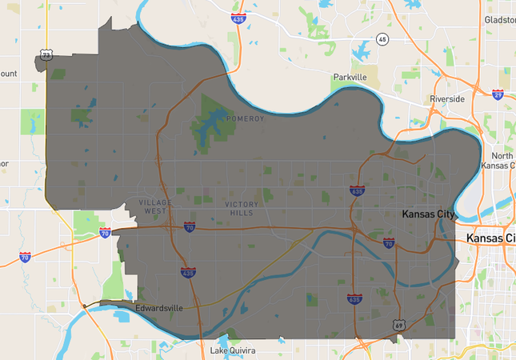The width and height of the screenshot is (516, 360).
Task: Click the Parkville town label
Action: point(350,77)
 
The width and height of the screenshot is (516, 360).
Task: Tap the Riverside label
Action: point(446,98)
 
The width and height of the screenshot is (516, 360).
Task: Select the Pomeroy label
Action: point(245,118)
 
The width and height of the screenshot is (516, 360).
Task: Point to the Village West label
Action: point(154,206)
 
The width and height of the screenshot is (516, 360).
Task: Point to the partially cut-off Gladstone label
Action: point(500,18)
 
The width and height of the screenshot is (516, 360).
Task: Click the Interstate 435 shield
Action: point(188,273)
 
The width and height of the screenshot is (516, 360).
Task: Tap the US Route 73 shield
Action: point(46,55)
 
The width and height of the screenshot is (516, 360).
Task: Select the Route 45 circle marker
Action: point(382,40)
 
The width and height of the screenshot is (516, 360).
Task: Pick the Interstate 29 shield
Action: point(498,94)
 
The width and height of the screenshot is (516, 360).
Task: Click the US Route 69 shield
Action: point(398,325)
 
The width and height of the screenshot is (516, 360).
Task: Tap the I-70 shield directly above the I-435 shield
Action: point(189,227)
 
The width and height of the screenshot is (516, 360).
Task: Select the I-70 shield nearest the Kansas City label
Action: point(389,242)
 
